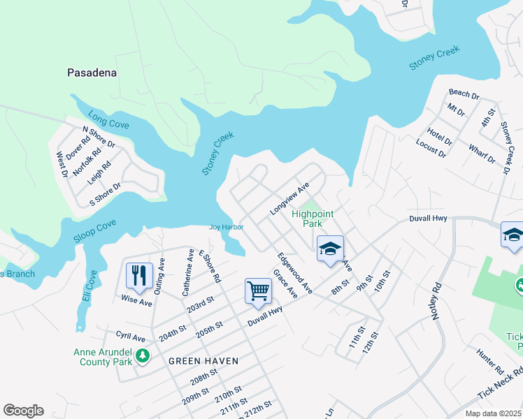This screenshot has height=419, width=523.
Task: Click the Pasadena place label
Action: tap(91, 73)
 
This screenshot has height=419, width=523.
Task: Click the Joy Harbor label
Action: tap(227, 227)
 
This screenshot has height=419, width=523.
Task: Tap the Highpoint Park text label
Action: tap(307, 219)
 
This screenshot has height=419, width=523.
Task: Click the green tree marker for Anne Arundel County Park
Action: tap(143, 356)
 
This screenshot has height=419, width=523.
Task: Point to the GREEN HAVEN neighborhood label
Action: tap(203, 361)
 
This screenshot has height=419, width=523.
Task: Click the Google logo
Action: tap(23, 411)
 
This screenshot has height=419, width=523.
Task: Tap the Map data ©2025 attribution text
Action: tap(492, 413)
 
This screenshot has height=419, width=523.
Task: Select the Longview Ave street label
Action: tap(289, 199)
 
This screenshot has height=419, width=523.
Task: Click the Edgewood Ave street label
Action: tap(294, 273)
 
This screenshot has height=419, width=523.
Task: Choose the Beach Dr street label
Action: tap(464, 92)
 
